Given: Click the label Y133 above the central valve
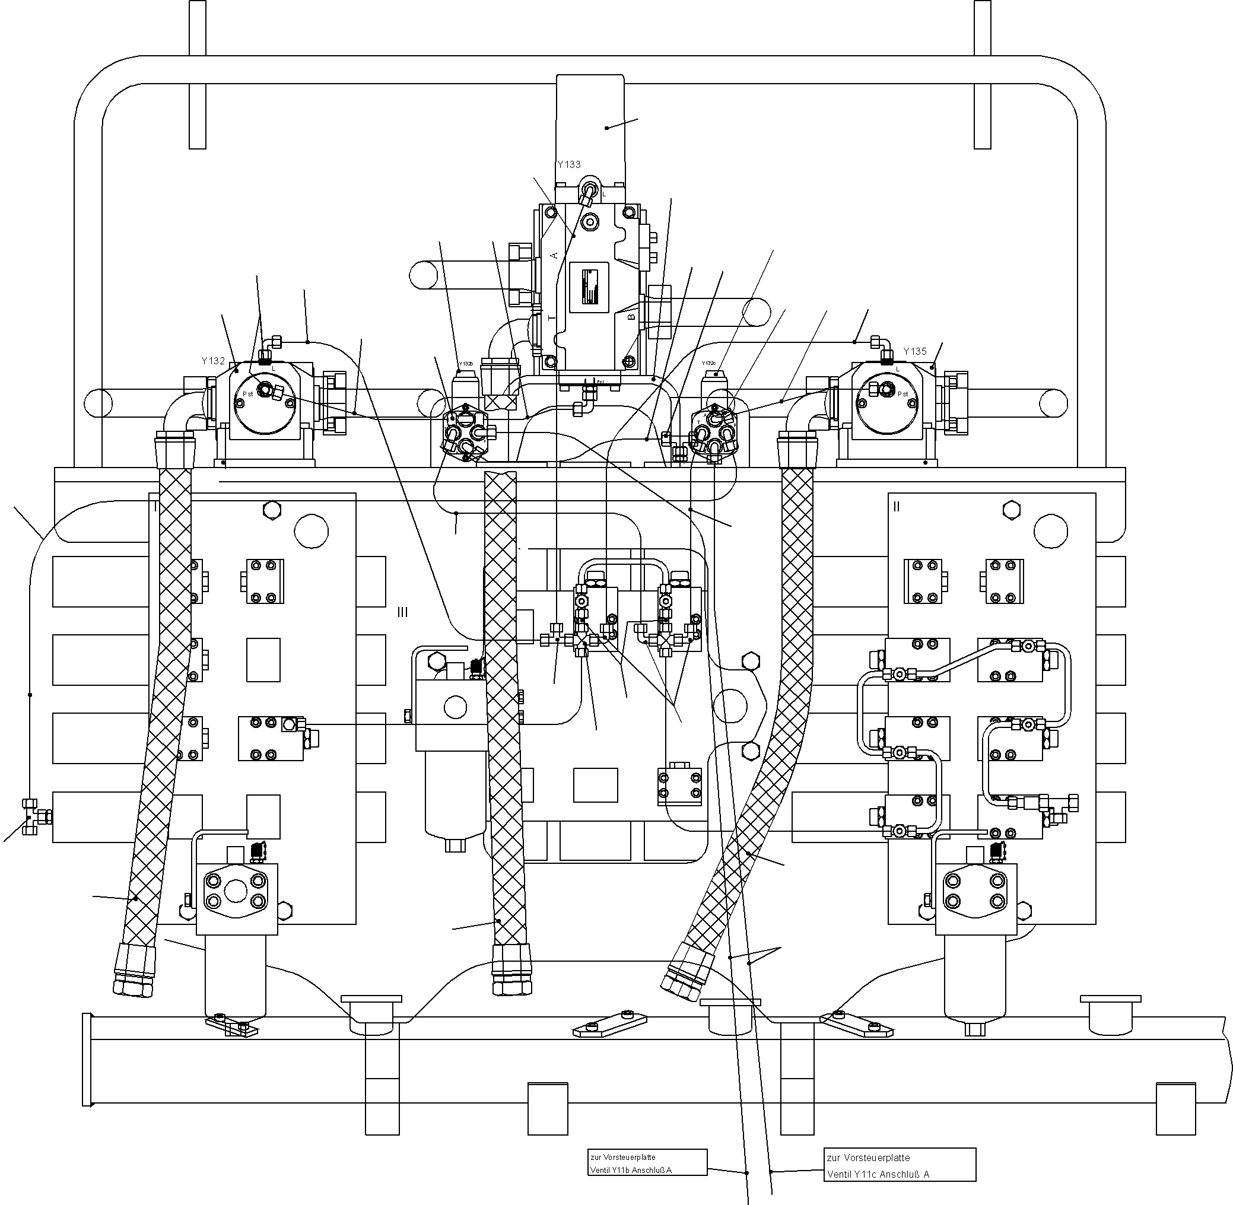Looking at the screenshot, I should [x=568, y=164].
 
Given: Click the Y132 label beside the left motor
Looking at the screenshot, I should [x=212, y=361].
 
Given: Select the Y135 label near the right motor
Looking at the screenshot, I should [x=914, y=351].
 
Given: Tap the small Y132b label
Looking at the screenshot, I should [x=466, y=364].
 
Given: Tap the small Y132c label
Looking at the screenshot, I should [x=708, y=363].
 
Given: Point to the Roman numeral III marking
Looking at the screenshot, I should [x=402, y=612].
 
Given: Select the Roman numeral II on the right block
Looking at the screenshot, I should [x=895, y=506].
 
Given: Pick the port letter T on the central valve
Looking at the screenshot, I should [x=551, y=317].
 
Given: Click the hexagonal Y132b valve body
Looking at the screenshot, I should [x=465, y=433].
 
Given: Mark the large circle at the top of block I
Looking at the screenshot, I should [x=311, y=530].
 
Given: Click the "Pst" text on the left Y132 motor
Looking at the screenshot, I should [x=247, y=393].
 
